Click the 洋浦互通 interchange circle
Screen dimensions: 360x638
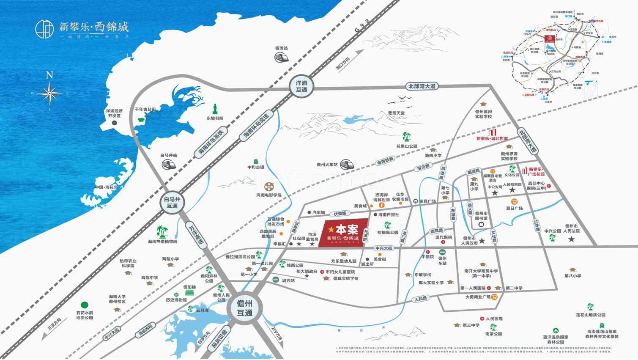click(x=301, y=87)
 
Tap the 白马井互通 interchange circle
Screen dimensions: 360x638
click(x=172, y=202)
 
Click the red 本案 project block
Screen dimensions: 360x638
click(x=345, y=233)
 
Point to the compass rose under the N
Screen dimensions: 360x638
click(x=50, y=93)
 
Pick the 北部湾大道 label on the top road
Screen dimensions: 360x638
click(x=422, y=86)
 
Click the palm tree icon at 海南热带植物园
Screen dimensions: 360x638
click(x=162, y=231)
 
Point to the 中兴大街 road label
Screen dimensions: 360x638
click(x=384, y=247)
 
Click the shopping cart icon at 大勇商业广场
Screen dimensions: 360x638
click(x=494, y=297)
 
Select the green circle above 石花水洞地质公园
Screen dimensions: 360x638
click(x=85, y=305)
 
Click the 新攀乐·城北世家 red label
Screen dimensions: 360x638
click(x=492, y=138)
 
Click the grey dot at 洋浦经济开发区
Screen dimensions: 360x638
click(x=114, y=123)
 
